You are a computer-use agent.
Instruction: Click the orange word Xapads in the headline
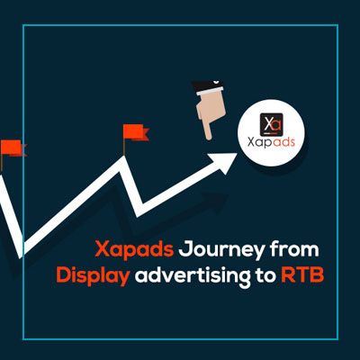134,250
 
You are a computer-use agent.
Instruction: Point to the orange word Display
93,276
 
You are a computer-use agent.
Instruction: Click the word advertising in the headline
193,276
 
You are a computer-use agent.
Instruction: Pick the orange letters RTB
302,274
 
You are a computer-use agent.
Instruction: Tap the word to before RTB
265,275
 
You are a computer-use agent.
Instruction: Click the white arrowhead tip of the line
237,154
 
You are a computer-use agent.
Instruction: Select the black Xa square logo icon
271,124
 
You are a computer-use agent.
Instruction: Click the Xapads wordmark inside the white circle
271,142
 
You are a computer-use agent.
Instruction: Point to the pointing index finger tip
209,139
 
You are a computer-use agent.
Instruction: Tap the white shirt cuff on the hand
211,91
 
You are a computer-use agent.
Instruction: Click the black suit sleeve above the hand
208,85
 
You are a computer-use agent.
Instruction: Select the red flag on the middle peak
136,132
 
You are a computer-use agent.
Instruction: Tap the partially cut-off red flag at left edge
13,148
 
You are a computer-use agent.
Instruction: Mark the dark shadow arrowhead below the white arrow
217,202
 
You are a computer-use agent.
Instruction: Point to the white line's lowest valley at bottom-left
21,255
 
